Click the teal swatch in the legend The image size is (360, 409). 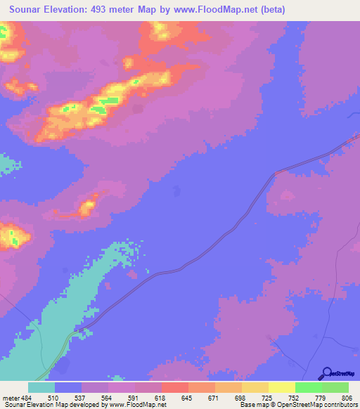[x=41, y=387]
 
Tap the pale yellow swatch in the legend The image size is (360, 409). [x=281, y=387]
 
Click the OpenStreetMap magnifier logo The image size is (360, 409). [x=326, y=374]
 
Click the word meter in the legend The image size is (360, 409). [x=12, y=398]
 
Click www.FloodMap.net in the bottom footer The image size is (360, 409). [x=140, y=405]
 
